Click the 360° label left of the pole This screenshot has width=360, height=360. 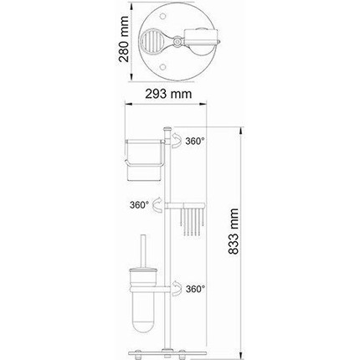(x=140, y=203)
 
